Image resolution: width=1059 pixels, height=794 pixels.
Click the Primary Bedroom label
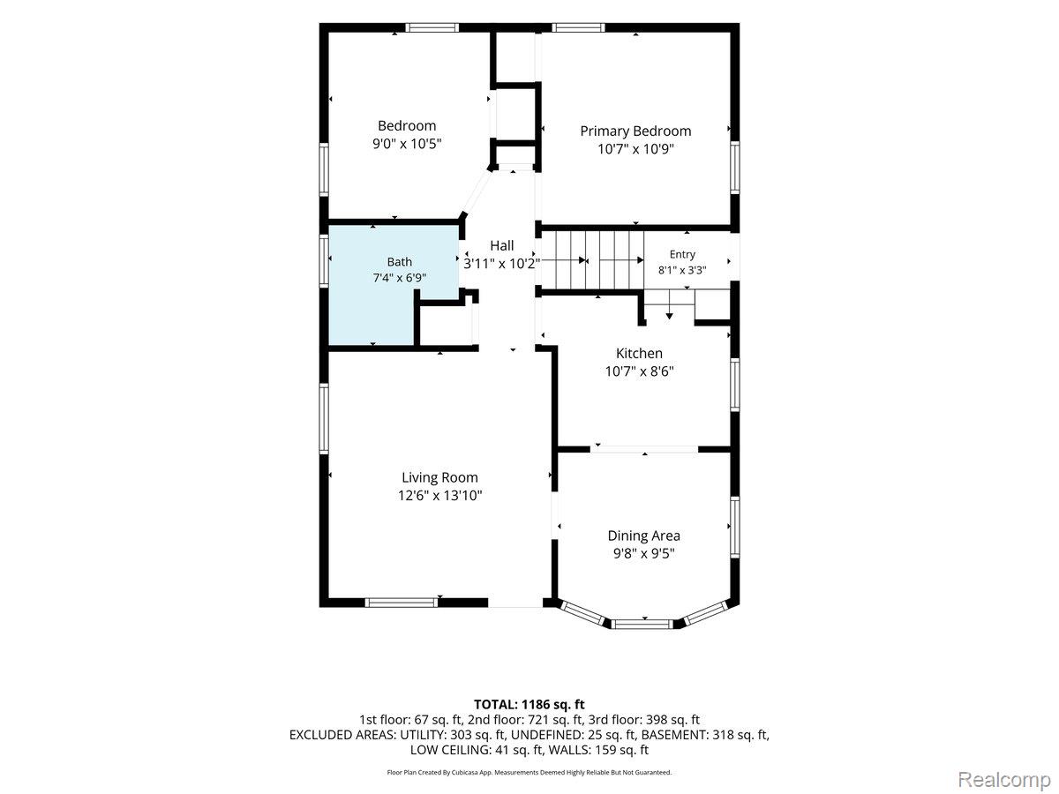pyautogui.click(x=635, y=131)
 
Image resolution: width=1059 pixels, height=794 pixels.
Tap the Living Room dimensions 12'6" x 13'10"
pyautogui.click(x=439, y=496)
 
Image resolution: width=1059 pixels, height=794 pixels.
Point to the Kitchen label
pyautogui.click(x=639, y=354)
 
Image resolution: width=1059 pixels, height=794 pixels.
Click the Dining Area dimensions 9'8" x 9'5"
pyautogui.click(x=643, y=553)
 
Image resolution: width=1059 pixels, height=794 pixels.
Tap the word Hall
pyautogui.click(x=502, y=246)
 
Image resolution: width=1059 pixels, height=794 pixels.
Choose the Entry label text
pyautogui.click(x=682, y=255)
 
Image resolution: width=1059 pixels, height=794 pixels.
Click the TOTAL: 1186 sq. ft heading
pyautogui.click(x=529, y=704)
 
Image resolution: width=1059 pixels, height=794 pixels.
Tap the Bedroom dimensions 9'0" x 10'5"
pyautogui.click(x=407, y=144)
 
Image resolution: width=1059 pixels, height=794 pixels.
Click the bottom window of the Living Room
pyautogui.click(x=401, y=603)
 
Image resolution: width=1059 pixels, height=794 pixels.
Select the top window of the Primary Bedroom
pyautogui.click(x=578, y=27)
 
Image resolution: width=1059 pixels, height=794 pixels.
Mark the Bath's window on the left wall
pyautogui.click(x=324, y=261)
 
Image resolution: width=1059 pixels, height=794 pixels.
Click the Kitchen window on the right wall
pyautogui.click(x=735, y=385)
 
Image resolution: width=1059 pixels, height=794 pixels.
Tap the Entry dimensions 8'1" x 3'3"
pyautogui.click(x=682, y=271)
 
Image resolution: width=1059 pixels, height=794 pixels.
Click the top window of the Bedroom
pyautogui.click(x=432, y=27)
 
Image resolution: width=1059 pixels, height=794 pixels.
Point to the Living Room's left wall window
pyautogui.click(x=324, y=418)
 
